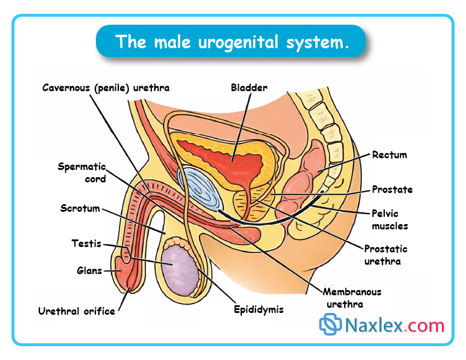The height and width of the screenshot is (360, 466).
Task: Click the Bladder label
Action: [x=249, y=88]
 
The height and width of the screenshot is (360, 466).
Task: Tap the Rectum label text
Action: [x=390, y=155]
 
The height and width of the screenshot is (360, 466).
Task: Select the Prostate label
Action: [x=392, y=189]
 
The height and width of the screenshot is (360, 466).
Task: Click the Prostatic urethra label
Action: [x=385, y=254]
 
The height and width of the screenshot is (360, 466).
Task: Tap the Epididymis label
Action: [x=258, y=309]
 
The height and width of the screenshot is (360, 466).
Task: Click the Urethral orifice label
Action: [x=76, y=311]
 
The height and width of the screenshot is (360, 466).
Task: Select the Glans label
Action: [x=89, y=271]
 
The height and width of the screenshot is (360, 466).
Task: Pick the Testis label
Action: [x=86, y=243]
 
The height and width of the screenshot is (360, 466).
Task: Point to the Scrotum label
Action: [x=80, y=208]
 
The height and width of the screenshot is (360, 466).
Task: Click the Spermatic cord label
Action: [x=82, y=172]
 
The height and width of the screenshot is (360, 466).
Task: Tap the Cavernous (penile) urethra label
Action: [x=106, y=88]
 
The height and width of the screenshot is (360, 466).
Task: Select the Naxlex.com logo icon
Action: [x=330, y=325]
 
